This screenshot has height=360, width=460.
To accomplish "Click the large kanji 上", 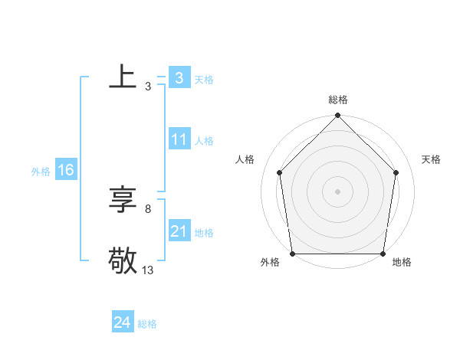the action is click(123, 77).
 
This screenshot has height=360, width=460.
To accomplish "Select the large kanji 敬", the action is click(123, 260).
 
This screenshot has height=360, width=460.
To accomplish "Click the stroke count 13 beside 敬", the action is click(148, 270).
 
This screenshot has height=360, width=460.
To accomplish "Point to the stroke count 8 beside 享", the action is click(148, 208).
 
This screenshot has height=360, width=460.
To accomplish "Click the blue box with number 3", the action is click(179, 78).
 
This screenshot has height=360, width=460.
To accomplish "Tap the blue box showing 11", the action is click(179, 140).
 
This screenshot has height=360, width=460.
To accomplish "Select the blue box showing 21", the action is click(179, 231).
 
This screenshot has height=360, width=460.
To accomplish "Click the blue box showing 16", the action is click(65, 170).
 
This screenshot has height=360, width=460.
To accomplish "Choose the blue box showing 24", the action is click(122, 322).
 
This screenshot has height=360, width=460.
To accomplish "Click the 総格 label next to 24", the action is click(147, 324).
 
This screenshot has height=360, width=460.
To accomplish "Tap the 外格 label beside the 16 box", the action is click(41, 172).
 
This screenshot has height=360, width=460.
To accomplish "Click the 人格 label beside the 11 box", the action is click(204, 141).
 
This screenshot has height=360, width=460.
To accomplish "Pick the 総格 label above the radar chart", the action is click(338, 100).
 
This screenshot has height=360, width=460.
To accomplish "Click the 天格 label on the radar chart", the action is click(432, 159).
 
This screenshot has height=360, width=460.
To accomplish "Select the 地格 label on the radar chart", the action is click(402, 262).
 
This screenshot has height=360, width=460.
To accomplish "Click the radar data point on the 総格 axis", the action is click(338, 116).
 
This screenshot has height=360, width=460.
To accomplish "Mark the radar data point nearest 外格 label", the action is click(292, 254).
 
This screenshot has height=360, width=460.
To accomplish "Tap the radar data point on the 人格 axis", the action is click(280, 172).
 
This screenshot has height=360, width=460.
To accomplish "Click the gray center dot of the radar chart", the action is click(338, 191).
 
